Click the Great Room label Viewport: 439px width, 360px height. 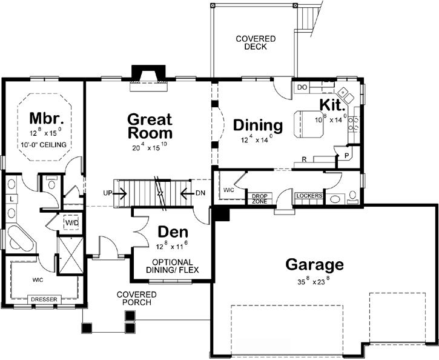pos(149,126)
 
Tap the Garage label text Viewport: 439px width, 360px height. pos(314,265)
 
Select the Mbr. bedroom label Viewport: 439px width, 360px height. pos(44,117)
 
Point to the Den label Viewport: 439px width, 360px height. pos(173,232)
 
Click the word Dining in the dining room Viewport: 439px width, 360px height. pos(258,125)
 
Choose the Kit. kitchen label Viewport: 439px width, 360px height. pos(332,104)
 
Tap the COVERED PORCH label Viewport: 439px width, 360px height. pos(136,299)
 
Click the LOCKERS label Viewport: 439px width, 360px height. pos(308,196)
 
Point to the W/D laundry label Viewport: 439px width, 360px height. pos(72,223)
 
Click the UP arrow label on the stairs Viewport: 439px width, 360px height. pos(109,194)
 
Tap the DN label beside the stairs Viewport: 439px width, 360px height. pos(200,194)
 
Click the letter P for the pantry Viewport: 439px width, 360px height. pos(346,155)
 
